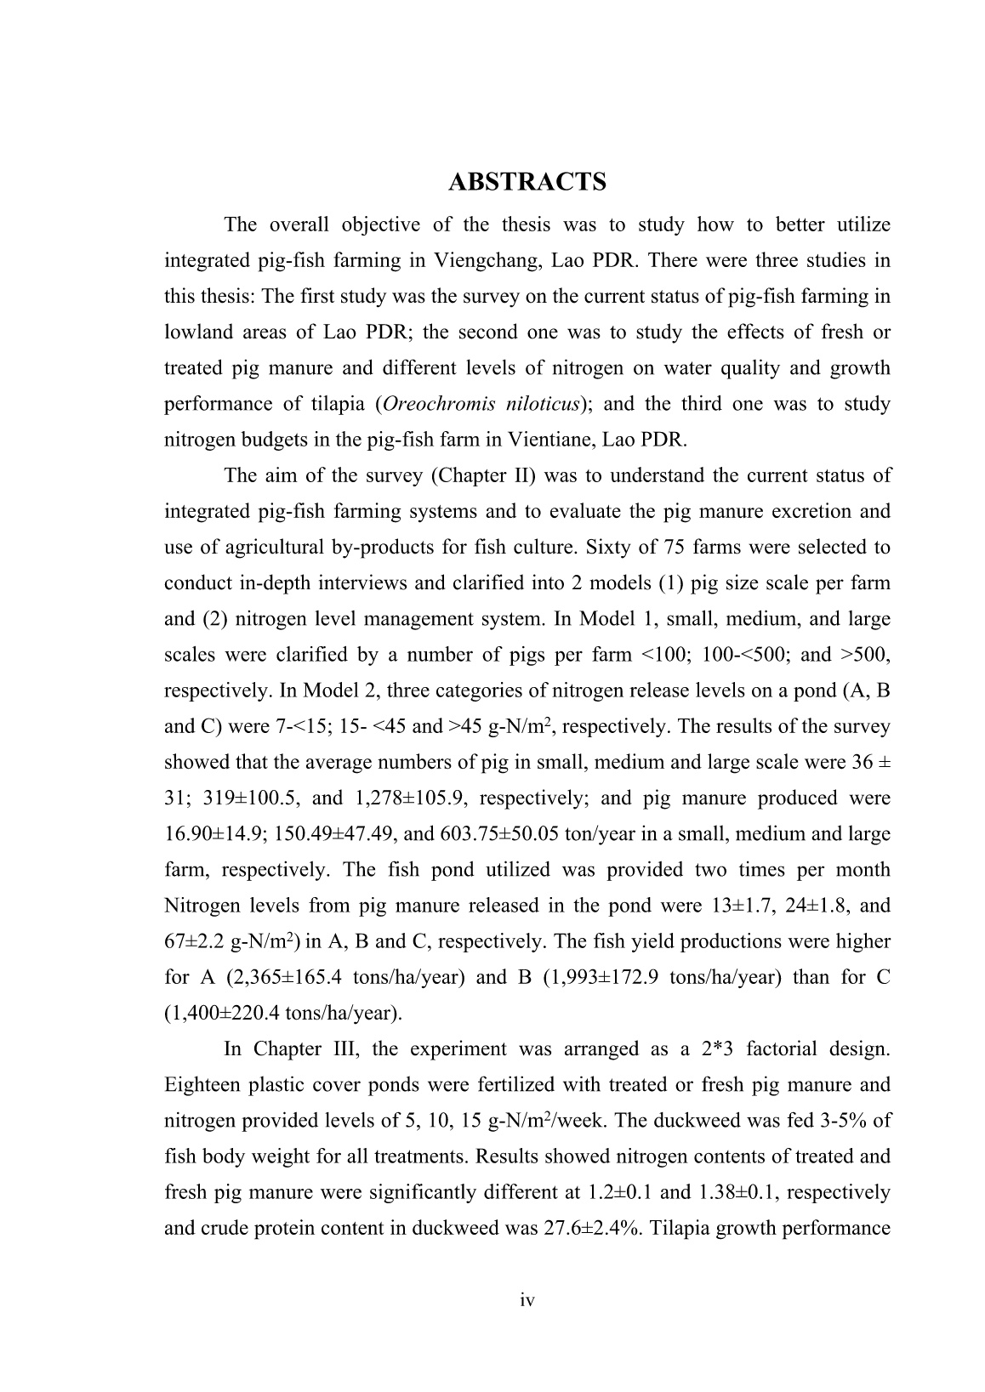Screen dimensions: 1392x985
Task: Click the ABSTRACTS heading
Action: [x=527, y=182]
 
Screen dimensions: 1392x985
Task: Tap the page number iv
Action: [x=527, y=1300]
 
